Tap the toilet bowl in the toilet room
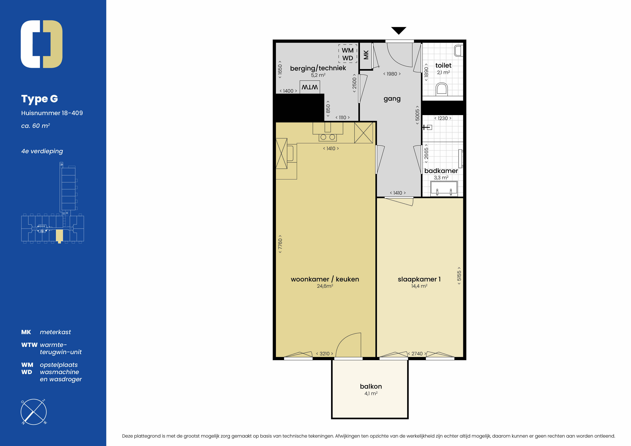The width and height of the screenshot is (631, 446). tap(442, 89)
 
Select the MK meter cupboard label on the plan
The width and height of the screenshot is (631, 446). tap(366, 55)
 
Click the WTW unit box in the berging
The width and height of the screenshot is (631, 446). tap(310, 87)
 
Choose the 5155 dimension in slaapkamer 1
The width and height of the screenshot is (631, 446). tap(459, 276)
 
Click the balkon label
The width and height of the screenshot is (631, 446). tap(371, 386)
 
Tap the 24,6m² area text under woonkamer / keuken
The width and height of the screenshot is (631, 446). tap(325, 286)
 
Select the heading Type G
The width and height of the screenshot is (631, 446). tap(40, 99)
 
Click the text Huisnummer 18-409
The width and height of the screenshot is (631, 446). tap(52, 113)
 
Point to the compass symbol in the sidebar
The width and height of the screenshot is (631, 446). tap(33, 412)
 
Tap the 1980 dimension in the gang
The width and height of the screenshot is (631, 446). tap(392, 74)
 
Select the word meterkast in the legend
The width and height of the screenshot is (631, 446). tap(55, 332)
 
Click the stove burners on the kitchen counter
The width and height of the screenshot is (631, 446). tap(328, 137)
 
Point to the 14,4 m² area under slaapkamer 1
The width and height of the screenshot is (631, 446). tap(419, 286)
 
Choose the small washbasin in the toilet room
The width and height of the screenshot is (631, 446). tap(458, 51)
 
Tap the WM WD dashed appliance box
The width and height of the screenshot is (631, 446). tap(348, 54)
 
